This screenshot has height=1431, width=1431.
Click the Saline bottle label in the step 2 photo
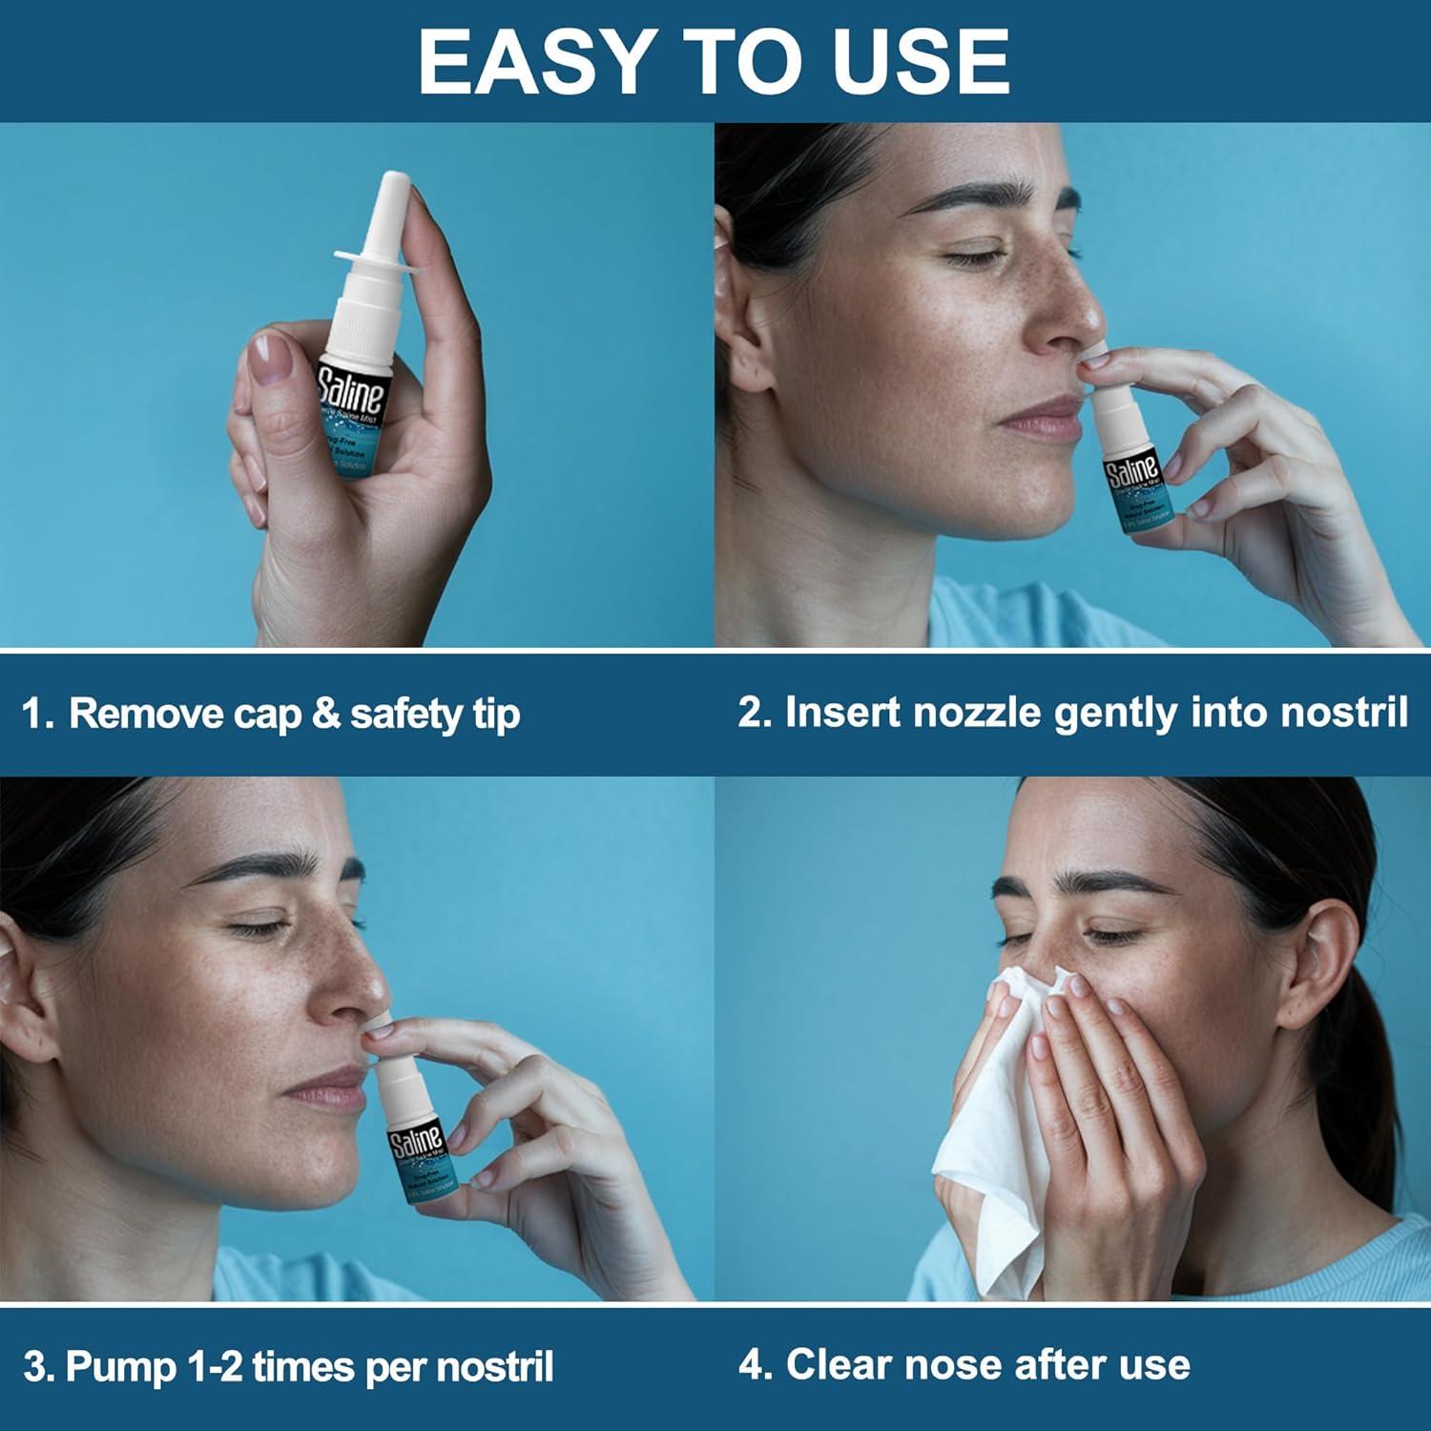point(1132,470)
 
